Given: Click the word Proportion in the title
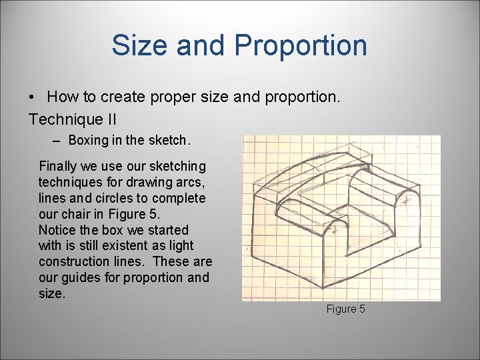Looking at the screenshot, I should (301, 45).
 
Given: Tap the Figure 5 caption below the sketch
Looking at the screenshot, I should (345, 309).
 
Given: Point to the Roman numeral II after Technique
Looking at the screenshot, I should (109, 120).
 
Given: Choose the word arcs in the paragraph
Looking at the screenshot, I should (191, 182).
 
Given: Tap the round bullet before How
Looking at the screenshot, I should (33, 97).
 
